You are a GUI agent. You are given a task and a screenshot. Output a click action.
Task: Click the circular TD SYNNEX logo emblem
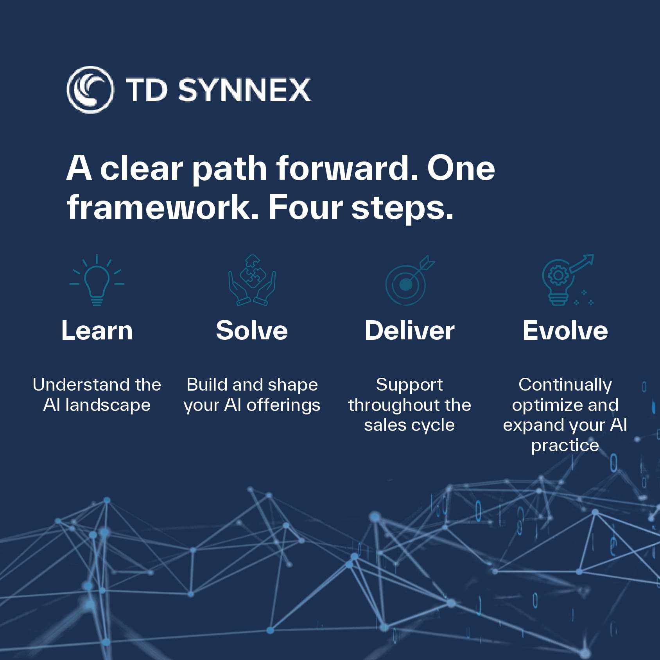pyautogui.click(x=90, y=90)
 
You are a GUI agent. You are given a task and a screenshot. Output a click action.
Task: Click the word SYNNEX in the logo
pyautogui.click(x=244, y=90)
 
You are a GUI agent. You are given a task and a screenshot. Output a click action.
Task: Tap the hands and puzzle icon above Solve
pyautogui.click(x=252, y=280)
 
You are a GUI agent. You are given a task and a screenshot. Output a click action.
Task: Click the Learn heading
pyautogui.click(x=97, y=331)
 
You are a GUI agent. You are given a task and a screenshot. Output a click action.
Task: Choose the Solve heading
pyautogui.click(x=252, y=331)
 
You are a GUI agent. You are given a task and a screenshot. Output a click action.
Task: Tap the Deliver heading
pyautogui.click(x=409, y=331)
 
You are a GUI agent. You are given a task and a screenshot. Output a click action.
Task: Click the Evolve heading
pyautogui.click(x=565, y=331)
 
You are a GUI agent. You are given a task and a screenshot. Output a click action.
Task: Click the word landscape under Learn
pyautogui.click(x=108, y=405)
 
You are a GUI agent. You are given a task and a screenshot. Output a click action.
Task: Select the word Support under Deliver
pyautogui.click(x=409, y=385)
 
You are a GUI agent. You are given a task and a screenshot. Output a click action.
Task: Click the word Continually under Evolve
pyautogui.click(x=565, y=385)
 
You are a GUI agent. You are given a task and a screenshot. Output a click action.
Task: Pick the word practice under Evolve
pyautogui.click(x=565, y=446)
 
